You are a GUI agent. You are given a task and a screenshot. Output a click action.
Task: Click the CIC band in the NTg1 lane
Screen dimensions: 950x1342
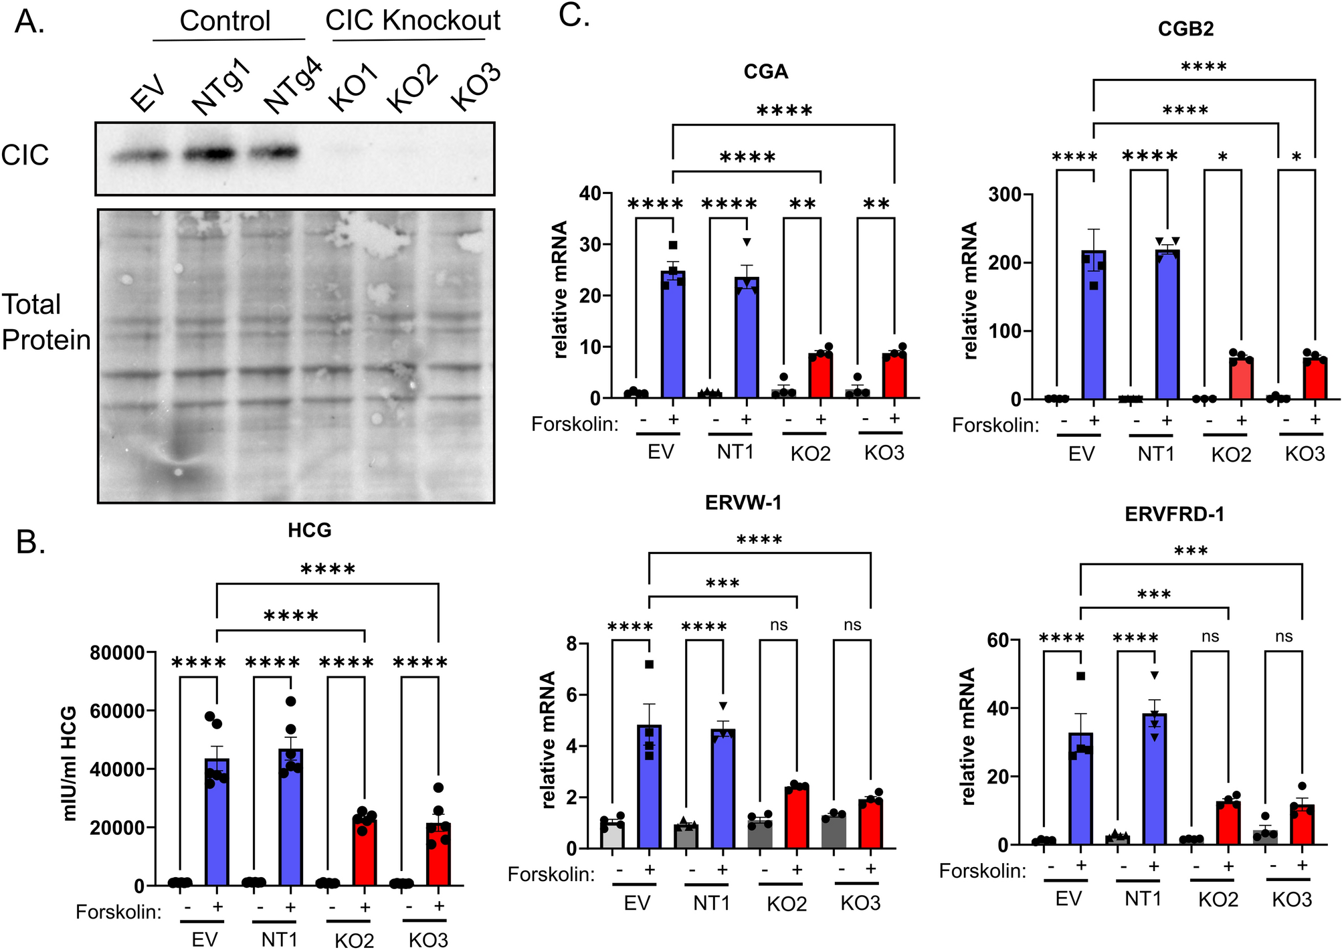click(209, 154)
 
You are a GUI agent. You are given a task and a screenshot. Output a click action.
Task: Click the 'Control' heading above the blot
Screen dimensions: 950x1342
click(225, 21)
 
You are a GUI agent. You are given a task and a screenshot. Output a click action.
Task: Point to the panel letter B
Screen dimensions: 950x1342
click(30, 541)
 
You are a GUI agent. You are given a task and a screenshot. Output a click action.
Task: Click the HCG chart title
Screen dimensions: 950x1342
click(309, 530)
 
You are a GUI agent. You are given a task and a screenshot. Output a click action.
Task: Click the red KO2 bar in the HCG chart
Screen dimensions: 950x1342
click(365, 850)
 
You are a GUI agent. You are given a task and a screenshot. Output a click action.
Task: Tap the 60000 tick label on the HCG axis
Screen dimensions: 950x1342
click(117, 711)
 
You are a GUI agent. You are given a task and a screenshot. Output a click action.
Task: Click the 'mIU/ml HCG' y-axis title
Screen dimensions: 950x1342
click(69, 763)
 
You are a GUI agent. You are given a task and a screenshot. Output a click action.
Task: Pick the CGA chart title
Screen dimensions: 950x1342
click(765, 71)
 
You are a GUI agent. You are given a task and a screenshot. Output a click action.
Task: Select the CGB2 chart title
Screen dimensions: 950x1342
click(1185, 28)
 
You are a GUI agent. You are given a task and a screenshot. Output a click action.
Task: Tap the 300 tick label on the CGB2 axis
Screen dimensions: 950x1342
click(1004, 195)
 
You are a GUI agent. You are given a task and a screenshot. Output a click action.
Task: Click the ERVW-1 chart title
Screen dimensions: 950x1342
click(743, 502)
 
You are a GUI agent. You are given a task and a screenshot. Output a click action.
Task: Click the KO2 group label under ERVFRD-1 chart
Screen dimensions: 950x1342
click(1218, 900)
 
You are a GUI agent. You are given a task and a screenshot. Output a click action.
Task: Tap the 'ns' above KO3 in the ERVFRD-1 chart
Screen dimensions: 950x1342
click(1283, 636)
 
